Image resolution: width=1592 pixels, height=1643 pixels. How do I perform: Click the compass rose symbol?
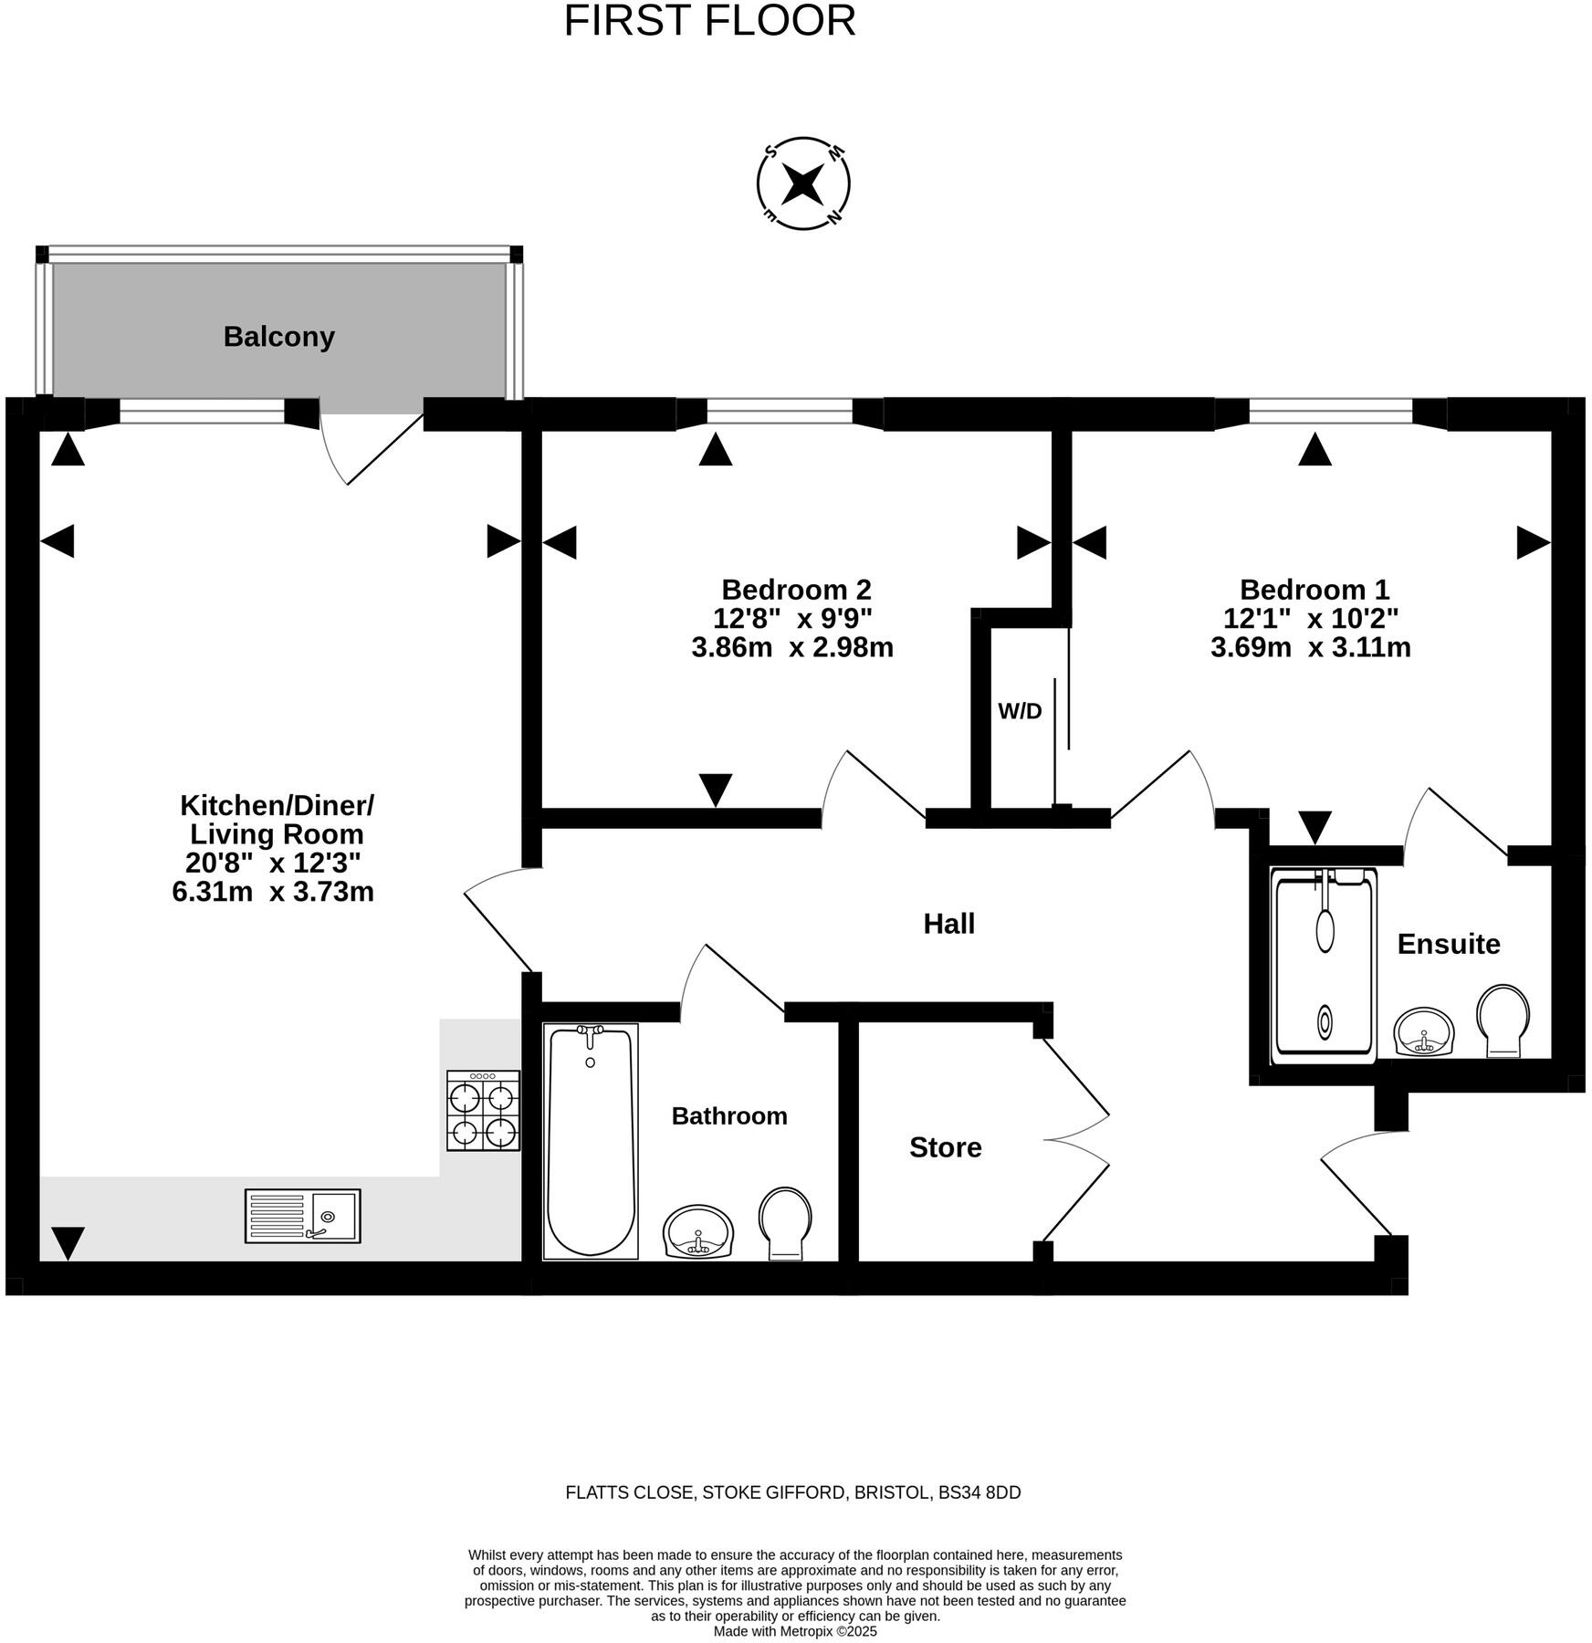pyautogui.click(x=803, y=183)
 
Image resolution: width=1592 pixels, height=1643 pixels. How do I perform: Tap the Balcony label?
pyautogui.click(x=278, y=337)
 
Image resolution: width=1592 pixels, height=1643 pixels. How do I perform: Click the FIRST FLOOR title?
pyautogui.click(x=709, y=21)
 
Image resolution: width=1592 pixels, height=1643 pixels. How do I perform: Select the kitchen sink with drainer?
pyautogui.click(x=302, y=1215)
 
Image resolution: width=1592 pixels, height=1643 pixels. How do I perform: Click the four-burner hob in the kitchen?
pyautogui.click(x=483, y=1110)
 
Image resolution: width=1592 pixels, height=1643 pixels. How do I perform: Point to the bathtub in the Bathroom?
pyautogui.click(x=590, y=1141)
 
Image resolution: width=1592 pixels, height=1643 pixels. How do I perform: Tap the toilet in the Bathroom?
pyautogui.click(x=785, y=1223)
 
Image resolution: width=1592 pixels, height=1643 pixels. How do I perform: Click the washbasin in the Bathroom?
pyautogui.click(x=698, y=1231)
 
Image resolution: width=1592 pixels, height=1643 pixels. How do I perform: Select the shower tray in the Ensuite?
pyautogui.click(x=1323, y=966)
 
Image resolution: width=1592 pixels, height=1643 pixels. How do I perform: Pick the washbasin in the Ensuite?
pyautogui.click(x=1424, y=1031)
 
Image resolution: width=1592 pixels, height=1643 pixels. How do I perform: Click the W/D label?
pyautogui.click(x=1020, y=711)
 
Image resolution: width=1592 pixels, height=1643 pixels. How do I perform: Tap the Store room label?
pyautogui.click(x=945, y=1147)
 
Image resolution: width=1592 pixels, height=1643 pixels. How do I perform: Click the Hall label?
pyautogui.click(x=948, y=924)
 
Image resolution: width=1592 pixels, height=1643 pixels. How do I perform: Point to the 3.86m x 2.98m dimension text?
pyautogui.click(x=791, y=648)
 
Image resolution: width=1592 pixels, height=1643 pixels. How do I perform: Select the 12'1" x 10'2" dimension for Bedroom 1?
pyautogui.click(x=1310, y=619)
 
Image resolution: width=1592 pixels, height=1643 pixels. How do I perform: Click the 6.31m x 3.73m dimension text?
pyautogui.click(x=273, y=892)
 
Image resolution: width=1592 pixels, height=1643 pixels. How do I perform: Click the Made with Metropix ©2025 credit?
pyautogui.click(x=794, y=1631)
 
